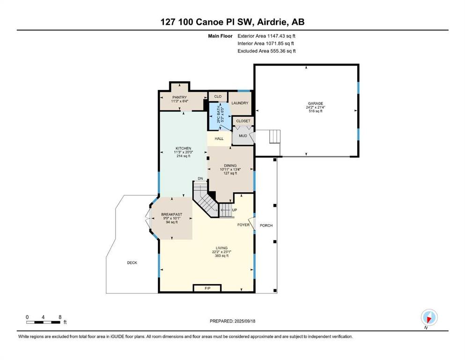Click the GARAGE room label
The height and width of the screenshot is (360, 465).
coord(315,104)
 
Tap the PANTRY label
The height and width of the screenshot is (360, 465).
coord(180,97)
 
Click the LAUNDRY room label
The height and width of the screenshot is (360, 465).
coord(240,103)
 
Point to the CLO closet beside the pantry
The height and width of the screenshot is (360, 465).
coord(218,97)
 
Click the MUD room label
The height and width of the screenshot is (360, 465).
coord(243,136)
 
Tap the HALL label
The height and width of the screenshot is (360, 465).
coord(219,139)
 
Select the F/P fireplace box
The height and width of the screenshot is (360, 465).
coord(207,288)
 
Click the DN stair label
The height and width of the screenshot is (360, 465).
coord(200,179)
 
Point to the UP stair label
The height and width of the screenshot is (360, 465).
coord(235,210)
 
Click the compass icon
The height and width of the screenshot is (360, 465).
coord(429,317)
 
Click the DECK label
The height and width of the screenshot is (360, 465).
coord(132,262)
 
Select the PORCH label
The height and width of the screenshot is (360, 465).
coord(266,225)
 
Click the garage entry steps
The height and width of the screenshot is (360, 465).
coord(274,136)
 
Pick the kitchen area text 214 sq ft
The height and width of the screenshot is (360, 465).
coord(183,156)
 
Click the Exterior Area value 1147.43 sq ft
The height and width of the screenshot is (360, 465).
coord(281,36)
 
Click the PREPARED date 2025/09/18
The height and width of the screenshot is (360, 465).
coord(244,321)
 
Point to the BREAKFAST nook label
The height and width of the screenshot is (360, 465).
coord(172,214)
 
